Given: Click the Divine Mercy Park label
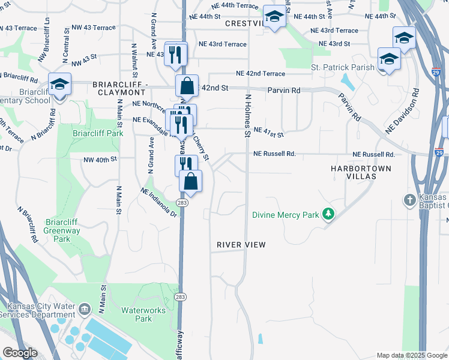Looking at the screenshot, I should [x=285, y=214].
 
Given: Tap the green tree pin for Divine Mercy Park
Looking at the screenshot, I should [x=328, y=214].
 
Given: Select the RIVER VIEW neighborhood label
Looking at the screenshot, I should [x=241, y=245].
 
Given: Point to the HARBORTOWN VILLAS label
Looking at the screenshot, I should [x=361, y=173].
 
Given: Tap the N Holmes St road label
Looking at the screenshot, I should [x=246, y=115].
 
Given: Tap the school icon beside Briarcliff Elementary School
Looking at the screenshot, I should [x=59, y=85].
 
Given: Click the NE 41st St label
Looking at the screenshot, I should [x=268, y=130].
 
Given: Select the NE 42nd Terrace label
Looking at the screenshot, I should [x=261, y=73].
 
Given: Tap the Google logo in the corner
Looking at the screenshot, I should [x=20, y=353].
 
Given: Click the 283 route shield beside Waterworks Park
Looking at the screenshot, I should [x=179, y=297].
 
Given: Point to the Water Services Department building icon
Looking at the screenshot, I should [x=84, y=309].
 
